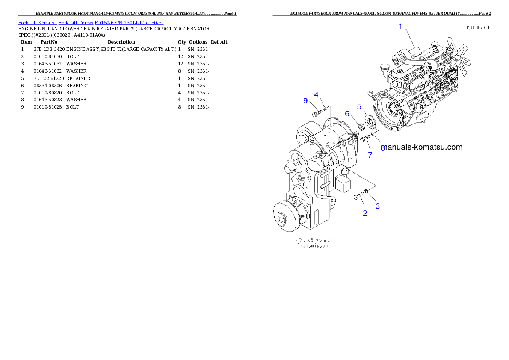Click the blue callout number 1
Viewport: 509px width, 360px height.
(x=400, y=26)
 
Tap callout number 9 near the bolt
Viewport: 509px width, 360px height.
(x=305, y=100)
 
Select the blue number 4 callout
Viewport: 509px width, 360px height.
(x=317, y=94)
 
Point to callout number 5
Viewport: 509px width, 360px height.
(x=359, y=106)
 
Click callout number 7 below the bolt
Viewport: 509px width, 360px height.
(x=370, y=155)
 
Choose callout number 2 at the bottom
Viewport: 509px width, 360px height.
(x=365, y=213)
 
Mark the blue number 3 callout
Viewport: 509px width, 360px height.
(x=378, y=206)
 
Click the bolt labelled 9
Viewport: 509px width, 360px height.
(x=316, y=114)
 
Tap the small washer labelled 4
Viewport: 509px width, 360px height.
(x=325, y=109)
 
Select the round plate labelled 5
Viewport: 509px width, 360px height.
(x=370, y=121)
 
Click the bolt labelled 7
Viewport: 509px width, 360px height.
(x=364, y=139)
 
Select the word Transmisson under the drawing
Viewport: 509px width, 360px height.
(x=312, y=246)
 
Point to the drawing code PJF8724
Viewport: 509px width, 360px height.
(x=478, y=27)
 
